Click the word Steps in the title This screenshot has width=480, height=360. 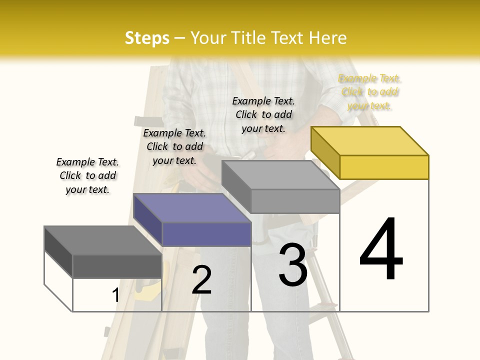pyautogui.click(x=147, y=38)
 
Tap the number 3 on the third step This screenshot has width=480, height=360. pyautogui.click(x=293, y=264)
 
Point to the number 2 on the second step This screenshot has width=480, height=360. pyautogui.click(x=201, y=280)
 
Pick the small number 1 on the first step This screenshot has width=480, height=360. pyautogui.click(x=115, y=295)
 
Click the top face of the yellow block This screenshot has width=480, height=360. pyautogui.click(x=369, y=140)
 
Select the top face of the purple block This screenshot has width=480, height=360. pyautogui.click(x=192, y=208)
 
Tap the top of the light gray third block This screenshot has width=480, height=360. pyautogui.click(x=280, y=175)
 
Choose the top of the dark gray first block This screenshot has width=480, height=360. pyautogui.click(x=103, y=240)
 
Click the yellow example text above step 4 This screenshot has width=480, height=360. pyautogui.click(x=369, y=92)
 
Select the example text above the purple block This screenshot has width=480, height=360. pyautogui.click(x=174, y=146)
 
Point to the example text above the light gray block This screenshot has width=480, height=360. pyautogui.click(x=263, y=114)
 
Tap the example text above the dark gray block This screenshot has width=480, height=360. pyautogui.click(x=87, y=175)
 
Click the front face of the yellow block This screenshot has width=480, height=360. pyautogui.click(x=384, y=167)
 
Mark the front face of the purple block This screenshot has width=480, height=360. pyautogui.click(x=206, y=234)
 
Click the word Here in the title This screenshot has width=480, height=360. pyautogui.click(x=328, y=38)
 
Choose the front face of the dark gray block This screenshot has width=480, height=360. pyautogui.click(x=117, y=266)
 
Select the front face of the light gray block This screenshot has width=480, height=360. pyautogui.click(x=295, y=201)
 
